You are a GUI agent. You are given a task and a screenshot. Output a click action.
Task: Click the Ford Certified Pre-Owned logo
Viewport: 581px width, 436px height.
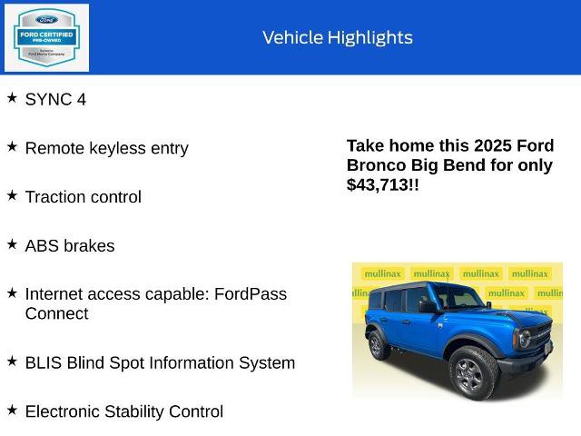pyautogui.click(x=46, y=37)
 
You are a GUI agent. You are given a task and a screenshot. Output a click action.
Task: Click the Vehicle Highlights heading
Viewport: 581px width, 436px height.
pyautogui.click(x=337, y=37)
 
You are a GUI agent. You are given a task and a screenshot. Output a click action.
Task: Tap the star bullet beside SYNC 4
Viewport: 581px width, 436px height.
pyautogui.click(x=12, y=96)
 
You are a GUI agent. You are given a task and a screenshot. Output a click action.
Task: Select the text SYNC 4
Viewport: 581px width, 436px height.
pyautogui.click(x=55, y=100)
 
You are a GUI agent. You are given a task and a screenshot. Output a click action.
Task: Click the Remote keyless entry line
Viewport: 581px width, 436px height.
pyautogui.click(x=106, y=148)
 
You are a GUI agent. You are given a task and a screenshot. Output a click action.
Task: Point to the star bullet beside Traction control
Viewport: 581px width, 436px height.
pyautogui.click(x=12, y=194)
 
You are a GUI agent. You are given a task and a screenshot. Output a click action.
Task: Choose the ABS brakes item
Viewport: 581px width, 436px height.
pyautogui.click(x=70, y=246)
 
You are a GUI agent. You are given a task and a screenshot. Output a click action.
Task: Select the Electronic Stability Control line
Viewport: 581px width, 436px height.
pyautogui.click(x=123, y=411)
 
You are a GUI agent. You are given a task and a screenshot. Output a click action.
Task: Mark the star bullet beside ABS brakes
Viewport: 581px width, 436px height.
pyautogui.click(x=12, y=243)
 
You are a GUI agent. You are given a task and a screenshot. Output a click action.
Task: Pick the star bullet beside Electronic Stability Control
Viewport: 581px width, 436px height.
pyautogui.click(x=12, y=409)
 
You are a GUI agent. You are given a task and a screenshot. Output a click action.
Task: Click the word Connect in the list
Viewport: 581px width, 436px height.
pyautogui.click(x=56, y=314)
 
